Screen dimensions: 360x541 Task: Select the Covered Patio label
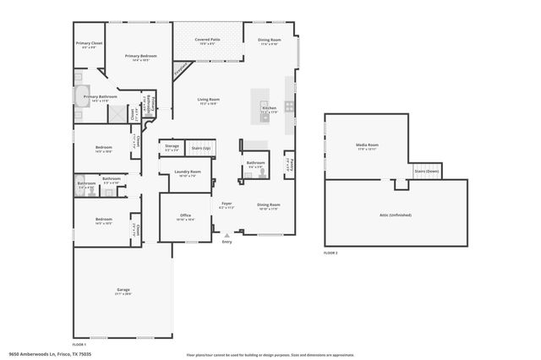tap(208, 40)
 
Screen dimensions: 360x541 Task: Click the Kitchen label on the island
tap(269, 108)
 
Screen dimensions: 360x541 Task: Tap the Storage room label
tap(172, 148)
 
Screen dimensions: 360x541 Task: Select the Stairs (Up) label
tap(201, 148)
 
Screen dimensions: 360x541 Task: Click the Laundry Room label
tap(187, 172)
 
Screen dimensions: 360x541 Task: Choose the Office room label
tap(185, 215)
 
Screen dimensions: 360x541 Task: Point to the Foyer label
tap(227, 204)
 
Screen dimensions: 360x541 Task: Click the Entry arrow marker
tap(227, 236)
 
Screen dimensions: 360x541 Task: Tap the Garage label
tap(123, 290)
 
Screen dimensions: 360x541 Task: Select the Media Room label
tap(367, 145)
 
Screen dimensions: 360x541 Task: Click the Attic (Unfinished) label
tap(395, 215)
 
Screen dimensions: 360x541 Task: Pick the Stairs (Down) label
tap(426, 171)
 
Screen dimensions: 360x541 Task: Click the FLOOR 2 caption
tap(331, 253)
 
